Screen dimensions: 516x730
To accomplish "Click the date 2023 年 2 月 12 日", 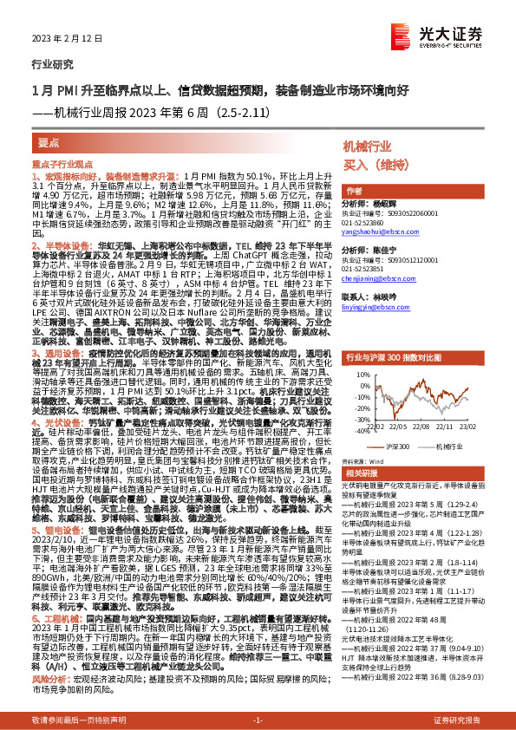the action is click(58, 39).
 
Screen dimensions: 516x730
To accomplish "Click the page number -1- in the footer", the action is click(258, 720).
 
